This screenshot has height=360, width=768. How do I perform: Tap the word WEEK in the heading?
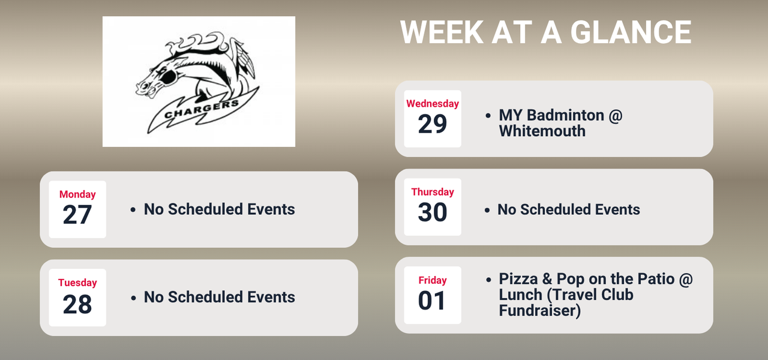click(442, 32)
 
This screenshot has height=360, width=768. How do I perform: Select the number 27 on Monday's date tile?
click(77, 215)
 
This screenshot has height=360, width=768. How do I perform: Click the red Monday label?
click(77, 194)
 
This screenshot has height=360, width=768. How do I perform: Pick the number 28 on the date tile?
click(77, 304)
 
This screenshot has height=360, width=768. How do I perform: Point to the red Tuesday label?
click(77, 283)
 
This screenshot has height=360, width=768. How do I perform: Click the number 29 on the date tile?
click(433, 124)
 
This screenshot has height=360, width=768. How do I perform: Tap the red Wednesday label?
click(433, 104)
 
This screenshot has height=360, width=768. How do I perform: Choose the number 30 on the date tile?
click(433, 212)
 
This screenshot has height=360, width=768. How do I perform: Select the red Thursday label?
click(433, 192)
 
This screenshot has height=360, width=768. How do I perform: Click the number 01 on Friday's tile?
click(433, 301)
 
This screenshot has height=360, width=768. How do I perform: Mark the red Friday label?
click(433, 280)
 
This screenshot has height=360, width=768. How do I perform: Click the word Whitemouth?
click(542, 131)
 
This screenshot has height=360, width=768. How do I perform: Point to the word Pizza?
click(519, 279)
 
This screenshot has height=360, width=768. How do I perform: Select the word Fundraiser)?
click(539, 311)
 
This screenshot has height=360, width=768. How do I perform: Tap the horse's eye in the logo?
click(168, 76)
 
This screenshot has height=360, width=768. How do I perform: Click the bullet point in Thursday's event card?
click(488, 210)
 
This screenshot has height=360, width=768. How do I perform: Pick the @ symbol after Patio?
click(684, 279)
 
